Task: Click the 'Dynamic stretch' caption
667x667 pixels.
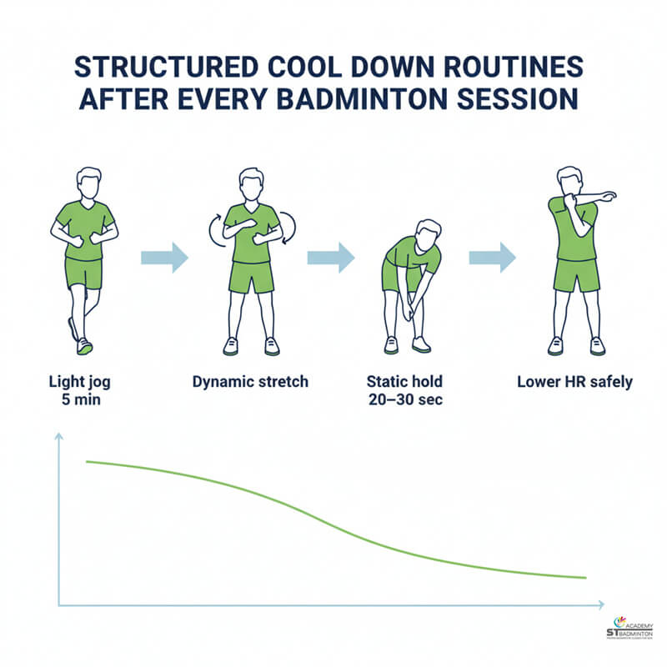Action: tap(250, 382)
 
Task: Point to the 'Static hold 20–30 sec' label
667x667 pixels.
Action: tap(405, 390)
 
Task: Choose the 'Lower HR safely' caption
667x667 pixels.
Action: tap(574, 382)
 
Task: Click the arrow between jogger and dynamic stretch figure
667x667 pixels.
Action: tap(164, 258)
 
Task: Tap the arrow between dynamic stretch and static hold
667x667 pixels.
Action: tap(331, 258)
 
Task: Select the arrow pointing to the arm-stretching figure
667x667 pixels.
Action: tap(493, 258)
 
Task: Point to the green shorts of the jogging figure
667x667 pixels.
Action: tap(83, 272)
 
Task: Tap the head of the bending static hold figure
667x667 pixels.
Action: tap(429, 234)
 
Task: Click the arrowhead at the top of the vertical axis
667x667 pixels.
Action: tap(59, 437)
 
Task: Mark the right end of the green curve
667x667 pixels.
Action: tap(585, 578)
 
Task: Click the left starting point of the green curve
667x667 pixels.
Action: tap(87, 461)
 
